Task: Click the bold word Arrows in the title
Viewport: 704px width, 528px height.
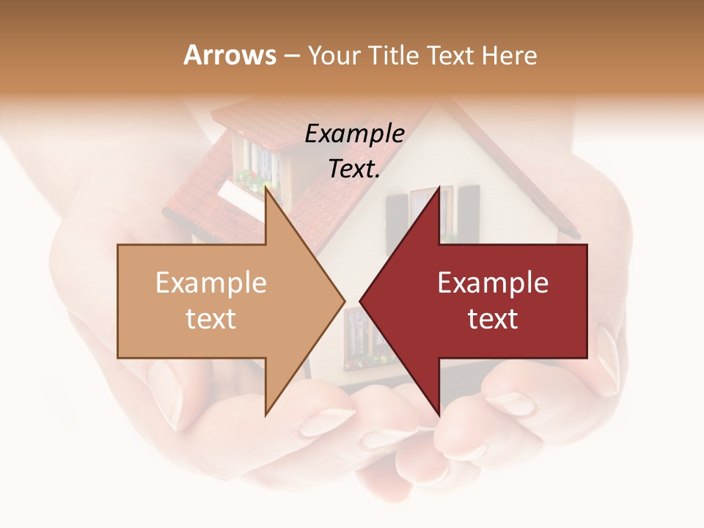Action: tap(230, 55)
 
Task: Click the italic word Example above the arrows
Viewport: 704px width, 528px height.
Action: tap(354, 134)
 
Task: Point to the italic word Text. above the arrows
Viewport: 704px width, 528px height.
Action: tap(354, 169)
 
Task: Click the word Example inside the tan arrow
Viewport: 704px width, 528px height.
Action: tap(211, 283)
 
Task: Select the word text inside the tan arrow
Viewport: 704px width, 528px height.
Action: tap(211, 319)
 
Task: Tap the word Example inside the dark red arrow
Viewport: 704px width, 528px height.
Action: tap(493, 283)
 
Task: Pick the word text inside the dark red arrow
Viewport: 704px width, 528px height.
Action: tap(493, 319)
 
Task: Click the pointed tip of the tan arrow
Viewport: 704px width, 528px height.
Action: tap(343, 301)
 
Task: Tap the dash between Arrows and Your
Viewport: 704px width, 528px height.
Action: tap(290, 56)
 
